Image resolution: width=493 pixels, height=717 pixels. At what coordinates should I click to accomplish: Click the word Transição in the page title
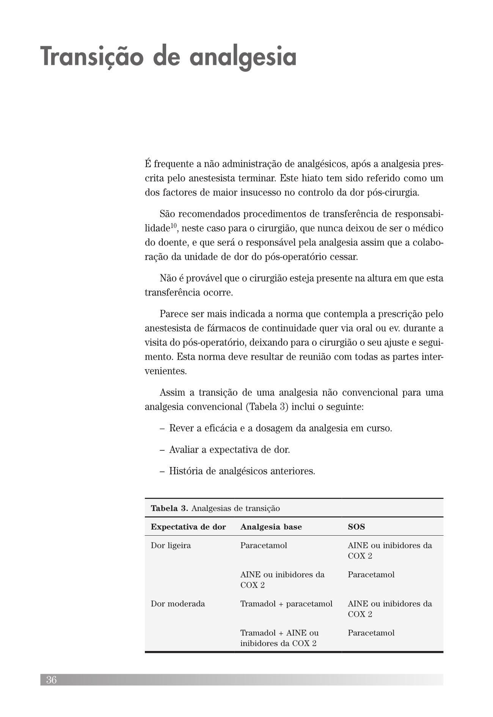click(x=93, y=57)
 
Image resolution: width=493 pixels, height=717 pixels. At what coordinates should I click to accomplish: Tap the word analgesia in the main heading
click(x=243, y=57)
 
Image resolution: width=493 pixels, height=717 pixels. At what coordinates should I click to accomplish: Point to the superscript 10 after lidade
click(x=173, y=226)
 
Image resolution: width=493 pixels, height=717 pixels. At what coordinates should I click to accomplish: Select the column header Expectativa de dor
click(x=188, y=527)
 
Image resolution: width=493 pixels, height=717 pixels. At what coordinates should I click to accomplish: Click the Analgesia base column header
click(x=271, y=527)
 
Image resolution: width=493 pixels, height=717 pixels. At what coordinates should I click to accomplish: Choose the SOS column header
click(x=356, y=527)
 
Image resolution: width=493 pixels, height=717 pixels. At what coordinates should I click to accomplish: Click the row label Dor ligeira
click(x=171, y=546)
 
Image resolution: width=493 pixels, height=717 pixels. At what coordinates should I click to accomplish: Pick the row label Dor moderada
click(x=177, y=604)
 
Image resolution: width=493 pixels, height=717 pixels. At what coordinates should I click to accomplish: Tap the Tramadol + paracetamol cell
click(x=286, y=604)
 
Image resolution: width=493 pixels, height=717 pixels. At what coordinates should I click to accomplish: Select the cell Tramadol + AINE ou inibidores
click(x=279, y=638)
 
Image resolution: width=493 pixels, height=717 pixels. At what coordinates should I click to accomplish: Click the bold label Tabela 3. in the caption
click(x=170, y=508)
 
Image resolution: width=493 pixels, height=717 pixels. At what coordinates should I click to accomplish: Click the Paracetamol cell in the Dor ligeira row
click(x=264, y=546)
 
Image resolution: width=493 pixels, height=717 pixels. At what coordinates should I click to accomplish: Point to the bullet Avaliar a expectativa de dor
click(x=229, y=450)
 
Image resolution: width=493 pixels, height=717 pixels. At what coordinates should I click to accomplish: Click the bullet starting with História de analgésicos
click(x=242, y=472)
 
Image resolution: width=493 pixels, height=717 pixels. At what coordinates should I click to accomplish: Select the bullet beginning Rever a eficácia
click(x=280, y=428)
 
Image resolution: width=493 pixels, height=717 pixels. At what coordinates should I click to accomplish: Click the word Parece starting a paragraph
click(x=174, y=314)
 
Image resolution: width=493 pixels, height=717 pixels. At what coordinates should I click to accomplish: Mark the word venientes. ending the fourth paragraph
click(x=166, y=371)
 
